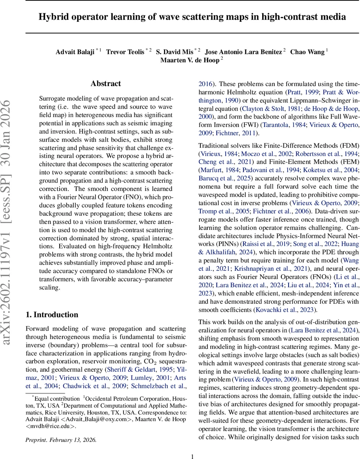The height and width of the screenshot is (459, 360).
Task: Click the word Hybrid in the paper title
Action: tap(54, 17)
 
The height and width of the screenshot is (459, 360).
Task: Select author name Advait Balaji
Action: tap(75, 52)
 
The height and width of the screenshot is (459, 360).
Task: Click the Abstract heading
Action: tap(106, 83)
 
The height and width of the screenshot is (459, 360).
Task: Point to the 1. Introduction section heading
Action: tap(52, 315)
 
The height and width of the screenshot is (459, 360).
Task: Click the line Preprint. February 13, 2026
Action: tap(61, 440)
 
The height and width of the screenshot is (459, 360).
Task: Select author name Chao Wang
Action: tap(307, 52)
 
